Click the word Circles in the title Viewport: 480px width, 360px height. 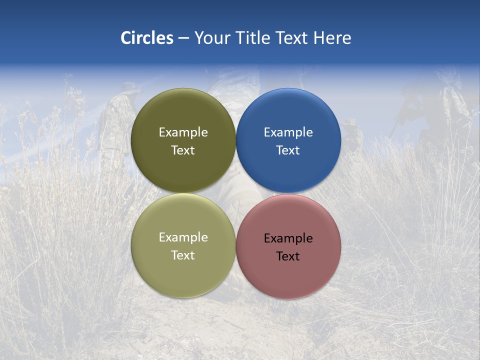[x=146, y=38]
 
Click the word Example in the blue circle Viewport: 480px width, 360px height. [x=288, y=132]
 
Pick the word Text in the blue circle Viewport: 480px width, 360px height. [x=288, y=150]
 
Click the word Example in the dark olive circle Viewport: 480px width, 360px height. [x=183, y=132]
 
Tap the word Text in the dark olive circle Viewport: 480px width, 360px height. [x=183, y=150]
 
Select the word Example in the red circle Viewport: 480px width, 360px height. [x=288, y=238]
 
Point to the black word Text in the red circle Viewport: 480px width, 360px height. [x=288, y=256]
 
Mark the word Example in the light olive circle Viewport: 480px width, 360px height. [x=183, y=237]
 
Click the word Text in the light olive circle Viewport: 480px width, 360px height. [x=183, y=255]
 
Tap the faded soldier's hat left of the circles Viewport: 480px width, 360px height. [x=131, y=88]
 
